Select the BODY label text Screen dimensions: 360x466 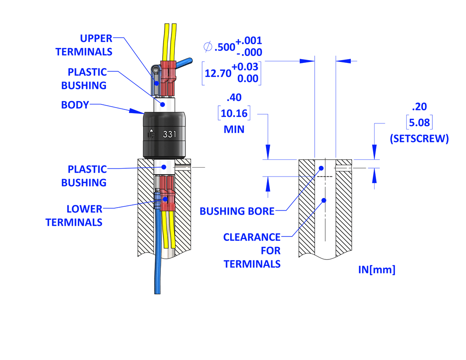tap(75, 105)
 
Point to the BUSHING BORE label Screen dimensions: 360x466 tap(237, 211)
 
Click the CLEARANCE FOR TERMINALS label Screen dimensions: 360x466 tap(252, 251)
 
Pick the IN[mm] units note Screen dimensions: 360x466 tap(377, 270)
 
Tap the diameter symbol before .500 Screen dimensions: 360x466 tap(208, 47)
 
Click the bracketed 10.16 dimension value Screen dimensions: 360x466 tap(234, 113)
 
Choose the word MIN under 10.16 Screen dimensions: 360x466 tap(234, 129)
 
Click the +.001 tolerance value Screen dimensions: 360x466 tap(248, 41)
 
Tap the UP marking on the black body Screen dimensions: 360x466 tap(151, 135)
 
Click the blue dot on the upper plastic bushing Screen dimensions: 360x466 tap(163, 104)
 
